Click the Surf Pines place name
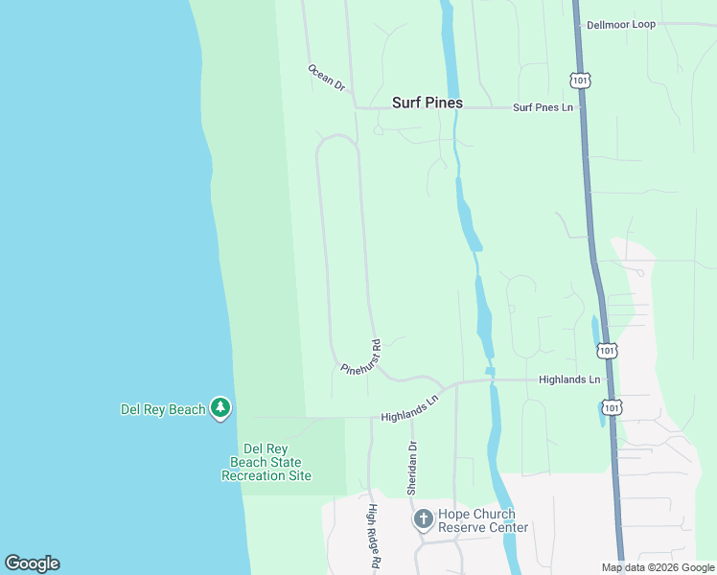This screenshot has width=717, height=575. pos(428,103)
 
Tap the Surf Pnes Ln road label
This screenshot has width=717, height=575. pos(543,107)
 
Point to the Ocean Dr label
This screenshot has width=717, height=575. pos(326,78)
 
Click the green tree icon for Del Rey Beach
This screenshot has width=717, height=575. pos(221,409)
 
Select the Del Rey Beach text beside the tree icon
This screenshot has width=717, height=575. pos(163,409)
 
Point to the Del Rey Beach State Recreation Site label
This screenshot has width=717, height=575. pos(266,462)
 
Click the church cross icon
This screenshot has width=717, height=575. pos(423,519)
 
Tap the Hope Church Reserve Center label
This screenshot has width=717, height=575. pos(483,520)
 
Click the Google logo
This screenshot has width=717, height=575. pos(32,563)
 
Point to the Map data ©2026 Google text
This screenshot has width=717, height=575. pos(659,567)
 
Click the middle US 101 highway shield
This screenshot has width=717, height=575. pos(607,351)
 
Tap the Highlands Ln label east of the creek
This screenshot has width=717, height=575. pos(569,379)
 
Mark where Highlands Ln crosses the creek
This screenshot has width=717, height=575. pos(491,380)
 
